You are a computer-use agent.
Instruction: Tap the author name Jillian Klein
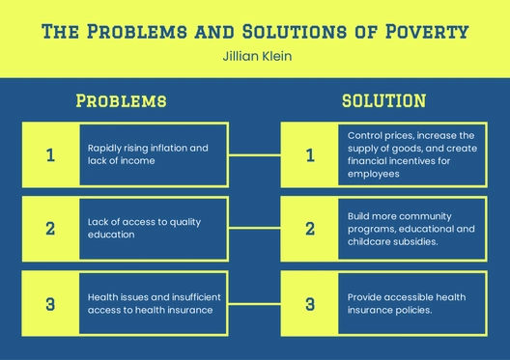[255, 57]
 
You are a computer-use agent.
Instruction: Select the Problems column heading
[121, 100]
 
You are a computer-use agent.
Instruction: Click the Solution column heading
[383, 99]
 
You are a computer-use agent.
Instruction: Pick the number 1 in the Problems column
[51, 154]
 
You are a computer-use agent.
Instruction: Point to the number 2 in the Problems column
[51, 229]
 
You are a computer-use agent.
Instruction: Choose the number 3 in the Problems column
[51, 304]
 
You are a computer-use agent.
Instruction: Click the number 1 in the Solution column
[310, 154]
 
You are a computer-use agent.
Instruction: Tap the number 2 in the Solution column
[310, 229]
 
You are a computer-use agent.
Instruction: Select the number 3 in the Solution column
[310, 304]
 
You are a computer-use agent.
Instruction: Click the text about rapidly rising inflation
[147, 154]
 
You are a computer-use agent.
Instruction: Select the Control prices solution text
[411, 154]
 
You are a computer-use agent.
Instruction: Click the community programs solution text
[411, 229]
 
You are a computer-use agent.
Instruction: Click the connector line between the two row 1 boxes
[255, 154]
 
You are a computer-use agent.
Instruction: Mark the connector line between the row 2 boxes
[255, 229]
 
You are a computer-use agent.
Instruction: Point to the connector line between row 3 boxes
[255, 304]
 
